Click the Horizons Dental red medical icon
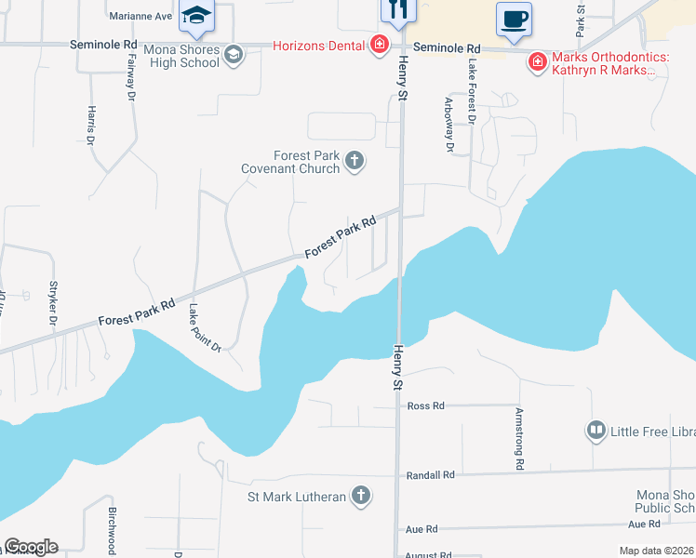pyautogui.click(x=379, y=46)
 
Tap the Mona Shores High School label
pyautogui.click(x=181, y=56)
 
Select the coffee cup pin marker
pyautogui.click(x=514, y=19)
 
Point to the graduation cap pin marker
pyautogui.click(x=196, y=16)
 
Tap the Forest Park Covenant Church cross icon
pyautogui.click(x=354, y=162)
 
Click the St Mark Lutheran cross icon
pyautogui.click(x=360, y=497)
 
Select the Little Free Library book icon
pyautogui.click(x=596, y=431)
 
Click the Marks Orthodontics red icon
pyautogui.click(x=537, y=63)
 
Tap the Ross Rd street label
pyautogui.click(x=426, y=405)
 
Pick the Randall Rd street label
pyautogui.click(x=430, y=475)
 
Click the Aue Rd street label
pyautogui.click(x=422, y=529)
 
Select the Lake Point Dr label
pyautogui.click(x=204, y=328)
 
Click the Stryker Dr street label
pyautogui.click(x=54, y=302)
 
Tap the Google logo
pyautogui.click(x=30, y=547)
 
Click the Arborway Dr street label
pyautogui.click(x=449, y=125)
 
